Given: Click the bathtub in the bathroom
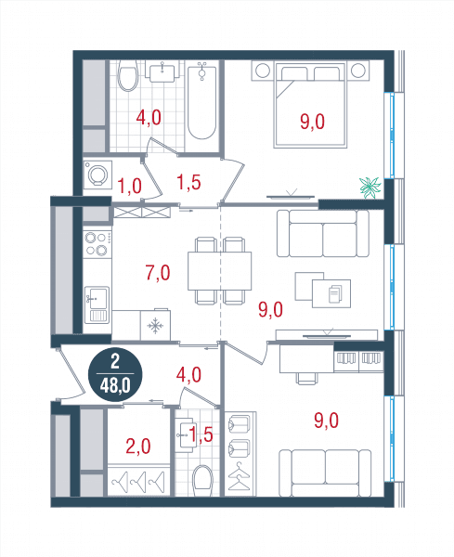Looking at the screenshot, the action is (201, 100).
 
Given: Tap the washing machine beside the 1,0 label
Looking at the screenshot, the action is (97, 175).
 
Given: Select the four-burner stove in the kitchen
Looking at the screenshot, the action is (97, 244).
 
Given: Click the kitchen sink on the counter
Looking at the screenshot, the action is (97, 304).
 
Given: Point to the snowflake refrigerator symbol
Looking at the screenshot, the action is (155, 326).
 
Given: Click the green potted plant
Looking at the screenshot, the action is (370, 188).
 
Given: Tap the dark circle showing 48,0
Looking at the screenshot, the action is (115, 375).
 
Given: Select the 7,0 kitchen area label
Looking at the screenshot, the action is (158, 273).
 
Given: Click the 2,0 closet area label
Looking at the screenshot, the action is (138, 447).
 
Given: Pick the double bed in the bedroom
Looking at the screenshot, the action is (310, 104).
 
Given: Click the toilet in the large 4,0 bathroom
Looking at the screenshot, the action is (127, 75).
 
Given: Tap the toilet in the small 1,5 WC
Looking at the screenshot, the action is (202, 481).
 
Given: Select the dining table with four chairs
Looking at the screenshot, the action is (220, 271).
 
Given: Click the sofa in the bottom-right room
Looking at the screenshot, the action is (325, 473).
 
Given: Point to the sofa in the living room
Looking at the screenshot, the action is (323, 233).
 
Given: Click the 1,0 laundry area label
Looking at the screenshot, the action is (129, 187).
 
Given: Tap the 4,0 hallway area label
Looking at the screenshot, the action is (189, 375).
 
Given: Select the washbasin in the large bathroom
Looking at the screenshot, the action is (162, 71).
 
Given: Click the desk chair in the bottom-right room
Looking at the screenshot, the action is (305, 379).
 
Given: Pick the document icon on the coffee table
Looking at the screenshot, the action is (334, 293).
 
